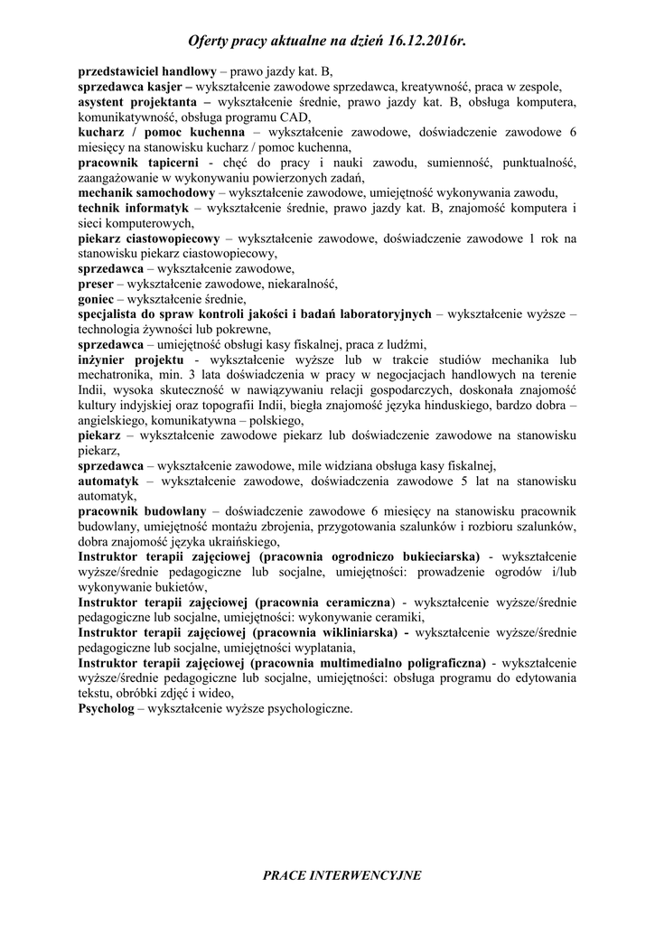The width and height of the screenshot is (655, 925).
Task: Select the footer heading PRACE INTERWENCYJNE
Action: [x=342, y=875]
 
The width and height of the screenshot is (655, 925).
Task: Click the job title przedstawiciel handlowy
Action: [x=146, y=70]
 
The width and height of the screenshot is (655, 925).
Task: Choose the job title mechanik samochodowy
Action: [x=146, y=192]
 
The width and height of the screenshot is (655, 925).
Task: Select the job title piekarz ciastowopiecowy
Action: [x=149, y=238]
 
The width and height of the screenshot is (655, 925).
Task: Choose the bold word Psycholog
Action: [x=108, y=709]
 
